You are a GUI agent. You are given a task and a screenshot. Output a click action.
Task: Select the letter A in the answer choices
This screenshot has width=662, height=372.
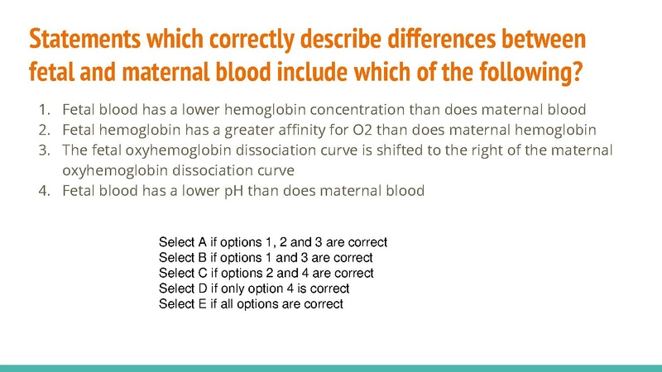(204, 242)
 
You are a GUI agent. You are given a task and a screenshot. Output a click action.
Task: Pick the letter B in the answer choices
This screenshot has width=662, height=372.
(204, 258)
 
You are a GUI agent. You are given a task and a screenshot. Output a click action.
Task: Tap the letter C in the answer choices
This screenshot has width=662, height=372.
(204, 273)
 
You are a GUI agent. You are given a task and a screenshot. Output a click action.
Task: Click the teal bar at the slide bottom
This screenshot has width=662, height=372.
(331, 367)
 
